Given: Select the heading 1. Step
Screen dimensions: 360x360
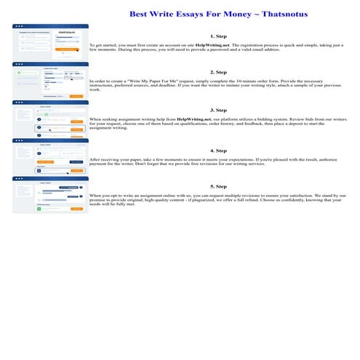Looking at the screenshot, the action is pos(218,36).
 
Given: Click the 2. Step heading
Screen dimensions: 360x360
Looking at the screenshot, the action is pos(218,73).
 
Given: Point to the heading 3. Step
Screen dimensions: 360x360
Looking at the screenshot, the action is pos(218,110).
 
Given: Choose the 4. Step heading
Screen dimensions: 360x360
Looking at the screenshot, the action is pos(218,151).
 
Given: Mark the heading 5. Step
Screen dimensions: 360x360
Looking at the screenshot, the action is pos(218,187).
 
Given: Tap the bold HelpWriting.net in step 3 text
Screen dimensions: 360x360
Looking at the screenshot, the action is pos(199,118).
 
